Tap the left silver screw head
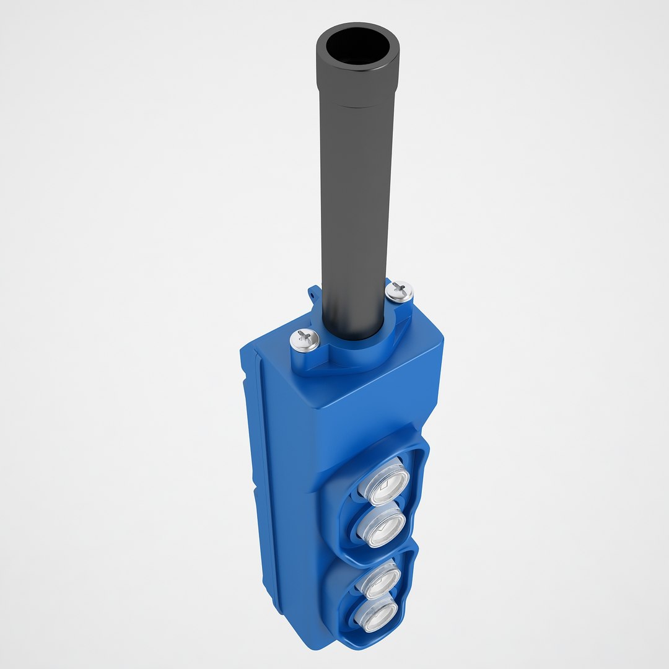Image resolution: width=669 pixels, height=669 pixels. tap(305, 339)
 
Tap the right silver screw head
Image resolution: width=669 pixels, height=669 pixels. tap(400, 291)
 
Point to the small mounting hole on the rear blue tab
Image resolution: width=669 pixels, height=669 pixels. tap(315, 295)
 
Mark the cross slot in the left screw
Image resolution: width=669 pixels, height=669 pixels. tap(304, 337)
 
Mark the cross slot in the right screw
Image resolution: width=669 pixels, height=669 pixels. tap(400, 288)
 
